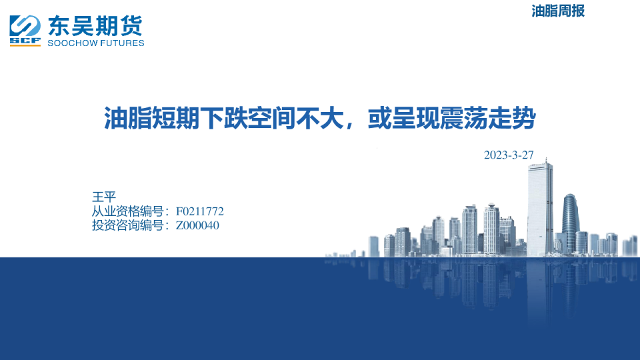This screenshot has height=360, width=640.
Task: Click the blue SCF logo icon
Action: coord(25,31)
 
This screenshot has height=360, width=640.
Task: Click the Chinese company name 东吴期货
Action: coord(95,26)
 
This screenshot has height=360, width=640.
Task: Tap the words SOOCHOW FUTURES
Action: coord(96,43)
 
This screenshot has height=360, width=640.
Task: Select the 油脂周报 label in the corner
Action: coord(558,11)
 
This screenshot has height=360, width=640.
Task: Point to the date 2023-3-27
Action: coord(509,155)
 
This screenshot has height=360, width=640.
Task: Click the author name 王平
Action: coord(104,197)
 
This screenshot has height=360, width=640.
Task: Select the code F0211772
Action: coord(200,211)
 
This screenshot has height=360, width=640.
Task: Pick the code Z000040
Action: coord(197,225)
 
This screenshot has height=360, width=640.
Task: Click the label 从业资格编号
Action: coord(128,211)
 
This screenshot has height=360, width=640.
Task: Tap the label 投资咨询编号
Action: coord(128,225)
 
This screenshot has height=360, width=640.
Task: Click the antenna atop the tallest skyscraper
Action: coord(546,160)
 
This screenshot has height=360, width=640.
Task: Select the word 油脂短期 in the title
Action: coord(151,119)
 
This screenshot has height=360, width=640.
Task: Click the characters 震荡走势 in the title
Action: coord(488,119)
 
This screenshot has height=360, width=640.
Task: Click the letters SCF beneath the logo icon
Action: coord(25,41)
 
